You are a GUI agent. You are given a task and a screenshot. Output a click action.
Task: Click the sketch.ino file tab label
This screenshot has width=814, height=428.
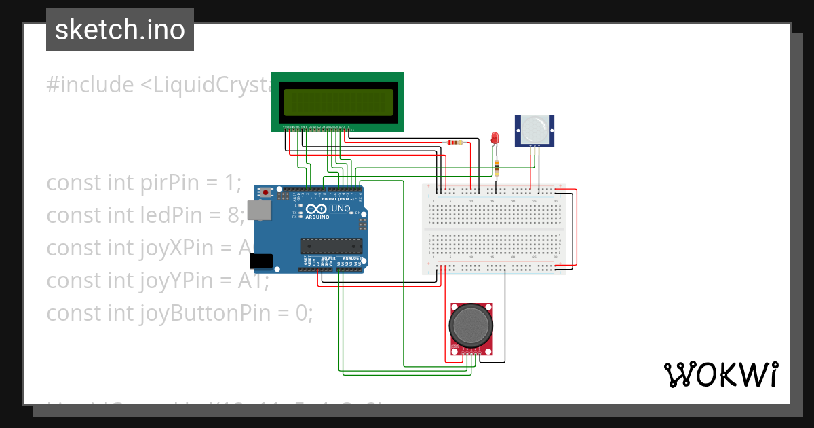(119, 30)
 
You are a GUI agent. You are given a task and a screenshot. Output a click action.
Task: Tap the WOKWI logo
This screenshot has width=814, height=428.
(720, 374)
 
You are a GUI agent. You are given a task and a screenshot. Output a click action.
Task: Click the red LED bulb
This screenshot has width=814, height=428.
(495, 138)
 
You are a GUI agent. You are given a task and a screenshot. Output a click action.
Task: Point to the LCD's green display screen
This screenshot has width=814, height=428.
(338, 102)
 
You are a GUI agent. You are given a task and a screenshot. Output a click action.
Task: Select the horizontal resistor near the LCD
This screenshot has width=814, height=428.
(454, 143)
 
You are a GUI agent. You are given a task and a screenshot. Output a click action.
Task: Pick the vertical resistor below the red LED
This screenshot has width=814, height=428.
(498, 167)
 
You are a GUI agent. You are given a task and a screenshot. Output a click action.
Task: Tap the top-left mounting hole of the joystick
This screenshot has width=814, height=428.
(452, 308)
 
